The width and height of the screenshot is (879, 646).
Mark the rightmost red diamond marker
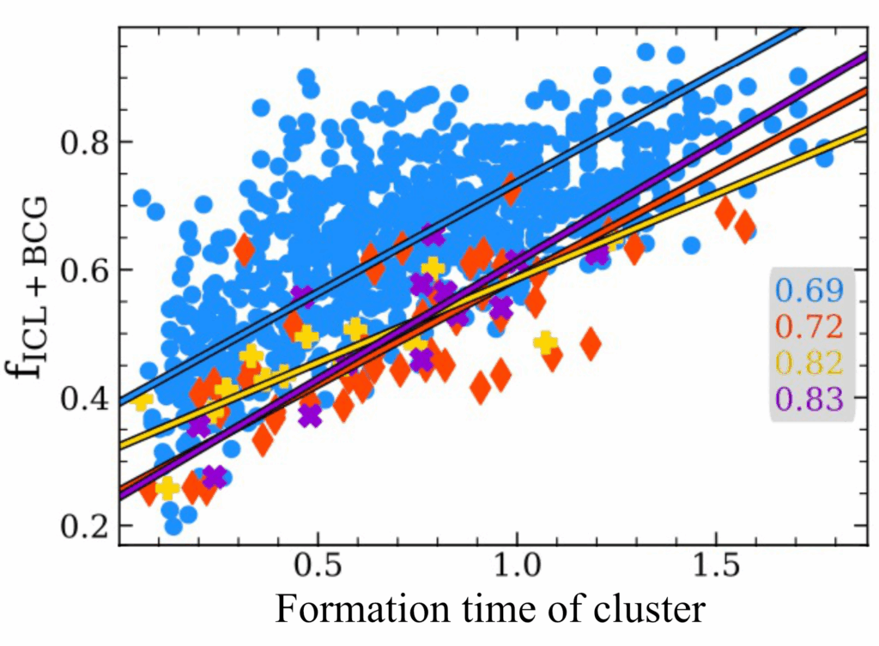point(744,227)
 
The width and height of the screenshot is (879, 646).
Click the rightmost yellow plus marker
point(545,342)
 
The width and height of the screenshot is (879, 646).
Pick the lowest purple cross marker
point(214,477)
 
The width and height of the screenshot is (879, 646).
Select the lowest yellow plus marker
point(167,488)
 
